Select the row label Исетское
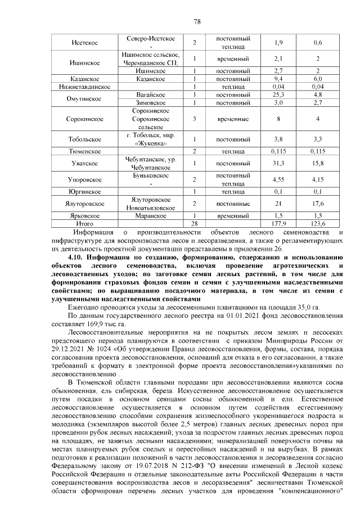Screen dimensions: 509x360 85,43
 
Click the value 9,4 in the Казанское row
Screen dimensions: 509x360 278,79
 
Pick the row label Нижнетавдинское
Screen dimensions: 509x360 85,87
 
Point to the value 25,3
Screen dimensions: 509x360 278,95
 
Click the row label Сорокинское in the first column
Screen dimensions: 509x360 85,120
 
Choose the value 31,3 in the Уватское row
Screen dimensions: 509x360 278,164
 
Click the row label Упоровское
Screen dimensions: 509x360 85,180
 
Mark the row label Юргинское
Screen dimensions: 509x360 85,192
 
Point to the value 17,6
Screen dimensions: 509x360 318,204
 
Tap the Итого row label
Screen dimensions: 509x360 85,223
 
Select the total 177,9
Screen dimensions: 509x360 278,223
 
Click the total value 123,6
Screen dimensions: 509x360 318,223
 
